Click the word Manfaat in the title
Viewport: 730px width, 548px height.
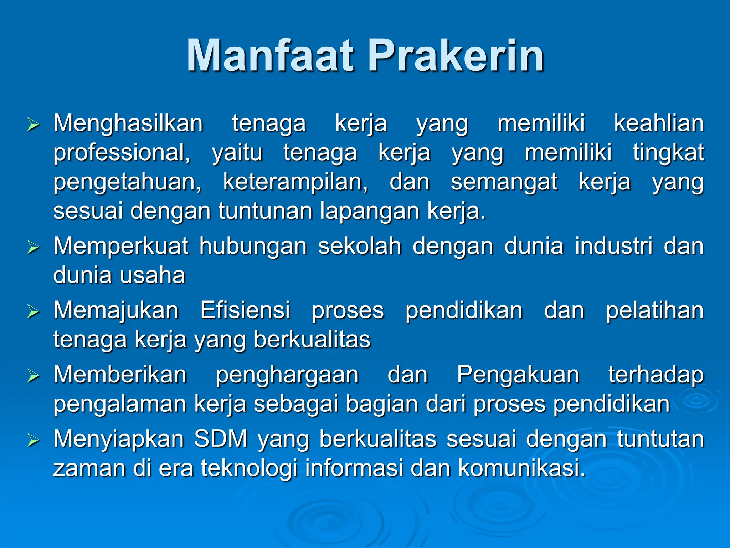[270, 56]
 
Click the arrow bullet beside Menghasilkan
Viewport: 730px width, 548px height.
[33, 125]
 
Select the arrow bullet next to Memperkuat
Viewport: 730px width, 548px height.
[33, 247]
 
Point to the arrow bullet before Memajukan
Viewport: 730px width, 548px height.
[33, 311]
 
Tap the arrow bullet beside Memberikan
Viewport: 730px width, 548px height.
[33, 376]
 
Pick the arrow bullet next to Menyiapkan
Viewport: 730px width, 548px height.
[33, 440]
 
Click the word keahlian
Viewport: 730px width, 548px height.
[659, 123]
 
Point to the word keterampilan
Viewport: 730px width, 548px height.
[295, 182]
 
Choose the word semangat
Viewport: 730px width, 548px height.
[504, 182]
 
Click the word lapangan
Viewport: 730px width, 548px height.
[369, 211]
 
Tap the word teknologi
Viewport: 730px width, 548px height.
[249, 468]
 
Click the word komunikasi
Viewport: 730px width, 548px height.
[521, 468]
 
